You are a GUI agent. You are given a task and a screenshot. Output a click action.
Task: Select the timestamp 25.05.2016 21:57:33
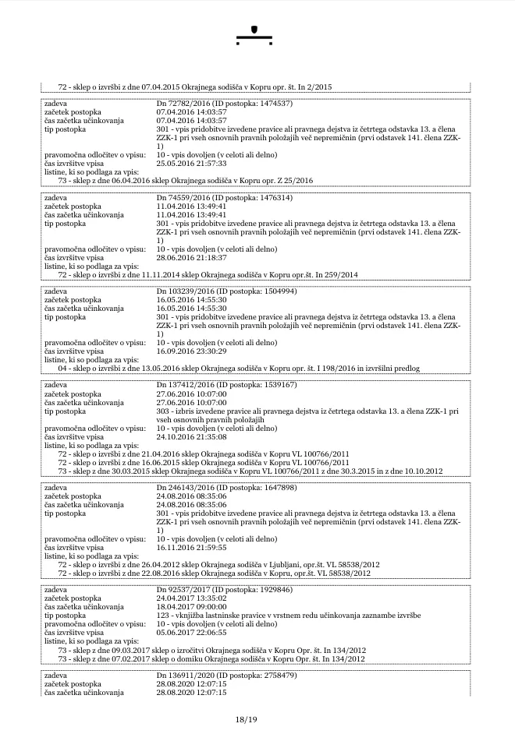[x=192, y=164]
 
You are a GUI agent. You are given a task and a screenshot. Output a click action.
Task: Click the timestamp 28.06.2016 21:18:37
[x=192, y=258]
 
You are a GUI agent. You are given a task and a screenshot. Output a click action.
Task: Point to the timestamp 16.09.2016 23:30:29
[x=192, y=351]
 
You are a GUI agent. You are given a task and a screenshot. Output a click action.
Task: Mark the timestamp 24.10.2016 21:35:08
[x=192, y=437]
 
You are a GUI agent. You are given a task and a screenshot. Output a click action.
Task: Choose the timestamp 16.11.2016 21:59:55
[x=192, y=548]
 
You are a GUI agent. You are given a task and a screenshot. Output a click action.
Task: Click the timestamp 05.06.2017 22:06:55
[x=192, y=633]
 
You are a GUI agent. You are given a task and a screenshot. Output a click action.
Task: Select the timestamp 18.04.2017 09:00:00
[x=192, y=607]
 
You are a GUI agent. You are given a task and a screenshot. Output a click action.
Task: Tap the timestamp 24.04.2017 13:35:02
[x=192, y=598]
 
